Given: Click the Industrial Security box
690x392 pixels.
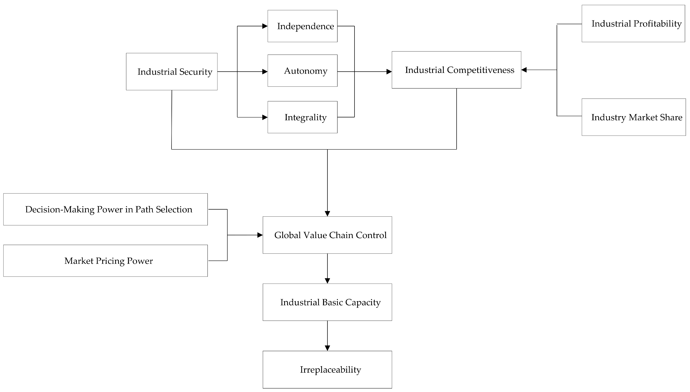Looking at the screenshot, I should tap(172, 72).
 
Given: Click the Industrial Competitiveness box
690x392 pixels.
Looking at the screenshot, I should tap(456, 70).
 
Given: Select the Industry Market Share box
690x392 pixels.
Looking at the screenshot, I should tap(634, 117).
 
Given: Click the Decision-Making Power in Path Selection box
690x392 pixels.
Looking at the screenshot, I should tap(105, 209).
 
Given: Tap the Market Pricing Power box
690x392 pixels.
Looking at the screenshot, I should tap(105, 261).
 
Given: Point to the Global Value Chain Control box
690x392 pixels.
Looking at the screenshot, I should tap(327, 235).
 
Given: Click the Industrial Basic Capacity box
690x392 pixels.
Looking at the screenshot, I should tap(327, 302).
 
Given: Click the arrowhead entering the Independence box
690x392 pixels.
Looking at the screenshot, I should tap(265, 26).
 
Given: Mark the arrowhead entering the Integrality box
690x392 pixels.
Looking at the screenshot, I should tap(265, 117).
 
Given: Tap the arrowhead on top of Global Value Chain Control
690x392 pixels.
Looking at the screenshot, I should tap(327, 213).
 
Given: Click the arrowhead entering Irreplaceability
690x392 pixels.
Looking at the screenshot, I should tap(327, 348).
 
